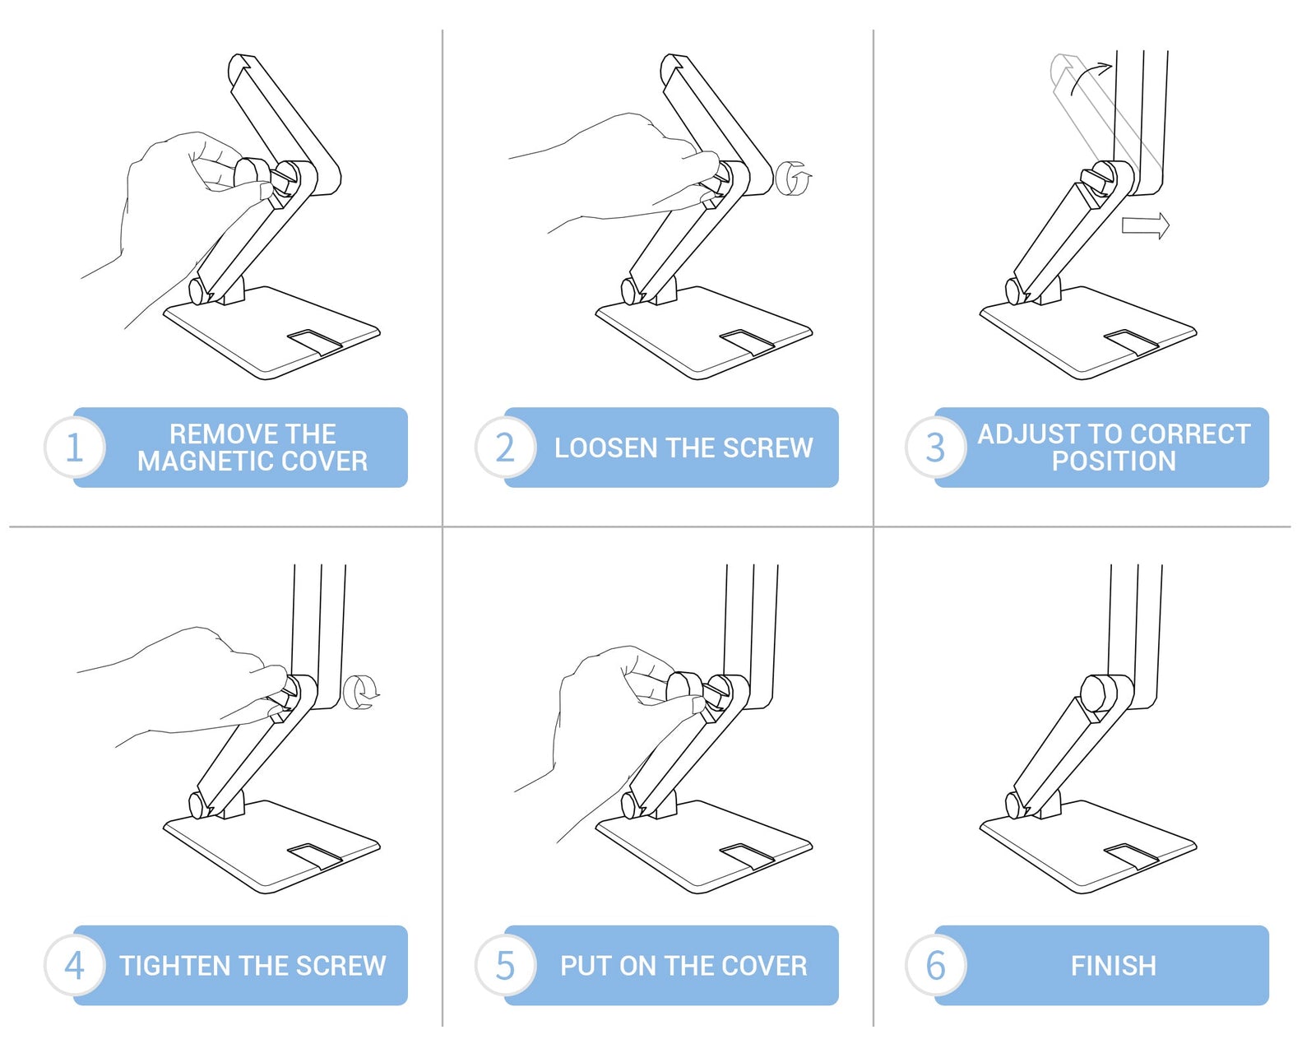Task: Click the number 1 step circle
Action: [75, 448]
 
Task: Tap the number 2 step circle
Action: [505, 448]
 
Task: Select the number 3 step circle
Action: [936, 448]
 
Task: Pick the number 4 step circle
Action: [75, 966]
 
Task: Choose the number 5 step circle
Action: [505, 966]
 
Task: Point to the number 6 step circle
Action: [936, 966]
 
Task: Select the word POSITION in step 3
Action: [1114, 462]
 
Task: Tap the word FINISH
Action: [1114, 966]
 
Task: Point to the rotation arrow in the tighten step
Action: [361, 692]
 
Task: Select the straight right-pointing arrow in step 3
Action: [1146, 225]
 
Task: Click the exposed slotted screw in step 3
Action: [1099, 179]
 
